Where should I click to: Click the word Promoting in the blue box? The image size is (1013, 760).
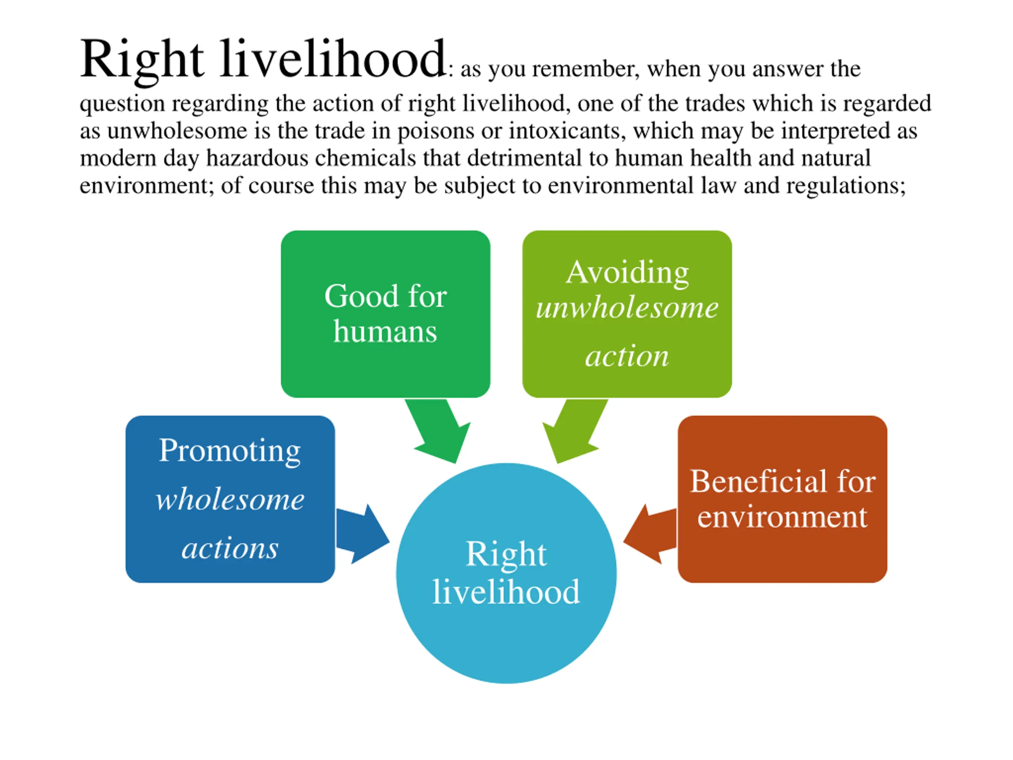tap(230, 451)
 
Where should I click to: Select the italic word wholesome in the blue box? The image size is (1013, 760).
tap(230, 499)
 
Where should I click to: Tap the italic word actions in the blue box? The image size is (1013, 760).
tap(230, 548)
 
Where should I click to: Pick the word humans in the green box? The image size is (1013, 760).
tap(385, 331)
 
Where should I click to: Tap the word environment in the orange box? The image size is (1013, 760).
tap(782, 517)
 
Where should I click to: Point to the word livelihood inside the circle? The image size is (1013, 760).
tap(506, 592)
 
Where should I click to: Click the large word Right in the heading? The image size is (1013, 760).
tap(142, 59)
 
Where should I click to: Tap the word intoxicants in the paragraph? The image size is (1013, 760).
tap(567, 131)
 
